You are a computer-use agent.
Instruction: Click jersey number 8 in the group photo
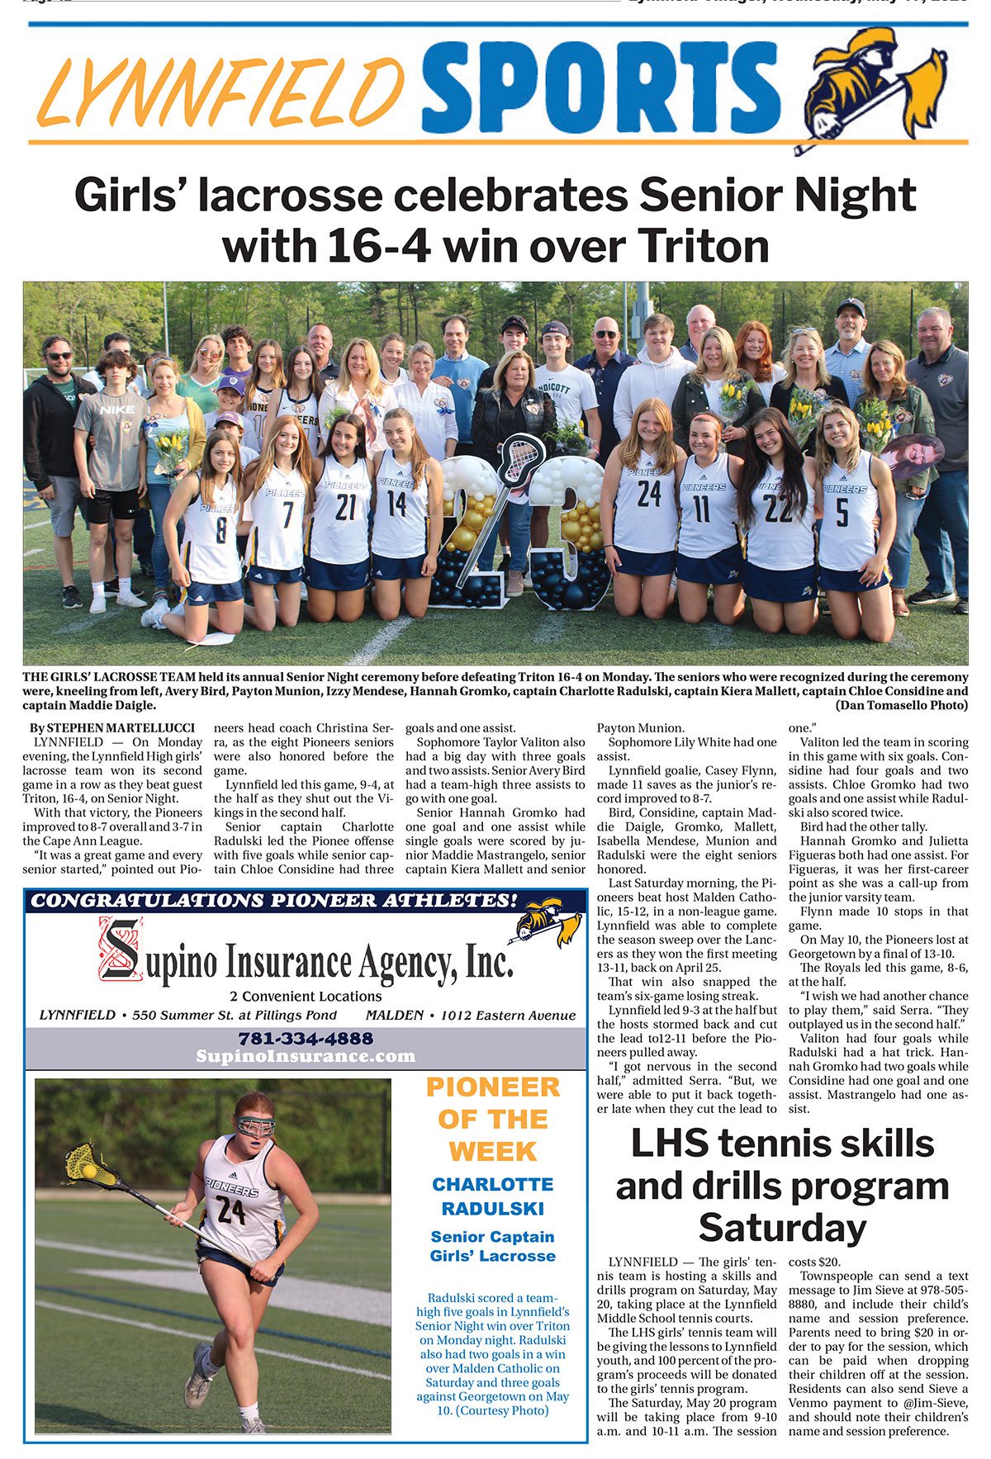coord(220,528)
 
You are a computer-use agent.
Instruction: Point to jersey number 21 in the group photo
coord(346,507)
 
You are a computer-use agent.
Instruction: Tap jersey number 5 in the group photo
coord(842,512)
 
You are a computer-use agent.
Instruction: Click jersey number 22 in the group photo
coord(778,508)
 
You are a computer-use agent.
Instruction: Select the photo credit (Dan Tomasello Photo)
coord(901,705)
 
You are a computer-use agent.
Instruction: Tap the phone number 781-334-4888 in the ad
coord(306,1038)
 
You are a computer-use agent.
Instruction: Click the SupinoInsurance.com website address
coord(306,1056)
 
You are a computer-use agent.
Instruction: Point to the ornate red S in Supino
coord(122,949)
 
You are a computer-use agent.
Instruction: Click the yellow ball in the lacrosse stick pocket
coord(89,1171)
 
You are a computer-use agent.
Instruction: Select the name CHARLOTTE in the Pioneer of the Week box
coord(493,1184)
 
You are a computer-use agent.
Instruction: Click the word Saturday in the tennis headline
coord(781,1227)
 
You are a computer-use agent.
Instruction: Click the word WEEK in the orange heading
coord(493,1151)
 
